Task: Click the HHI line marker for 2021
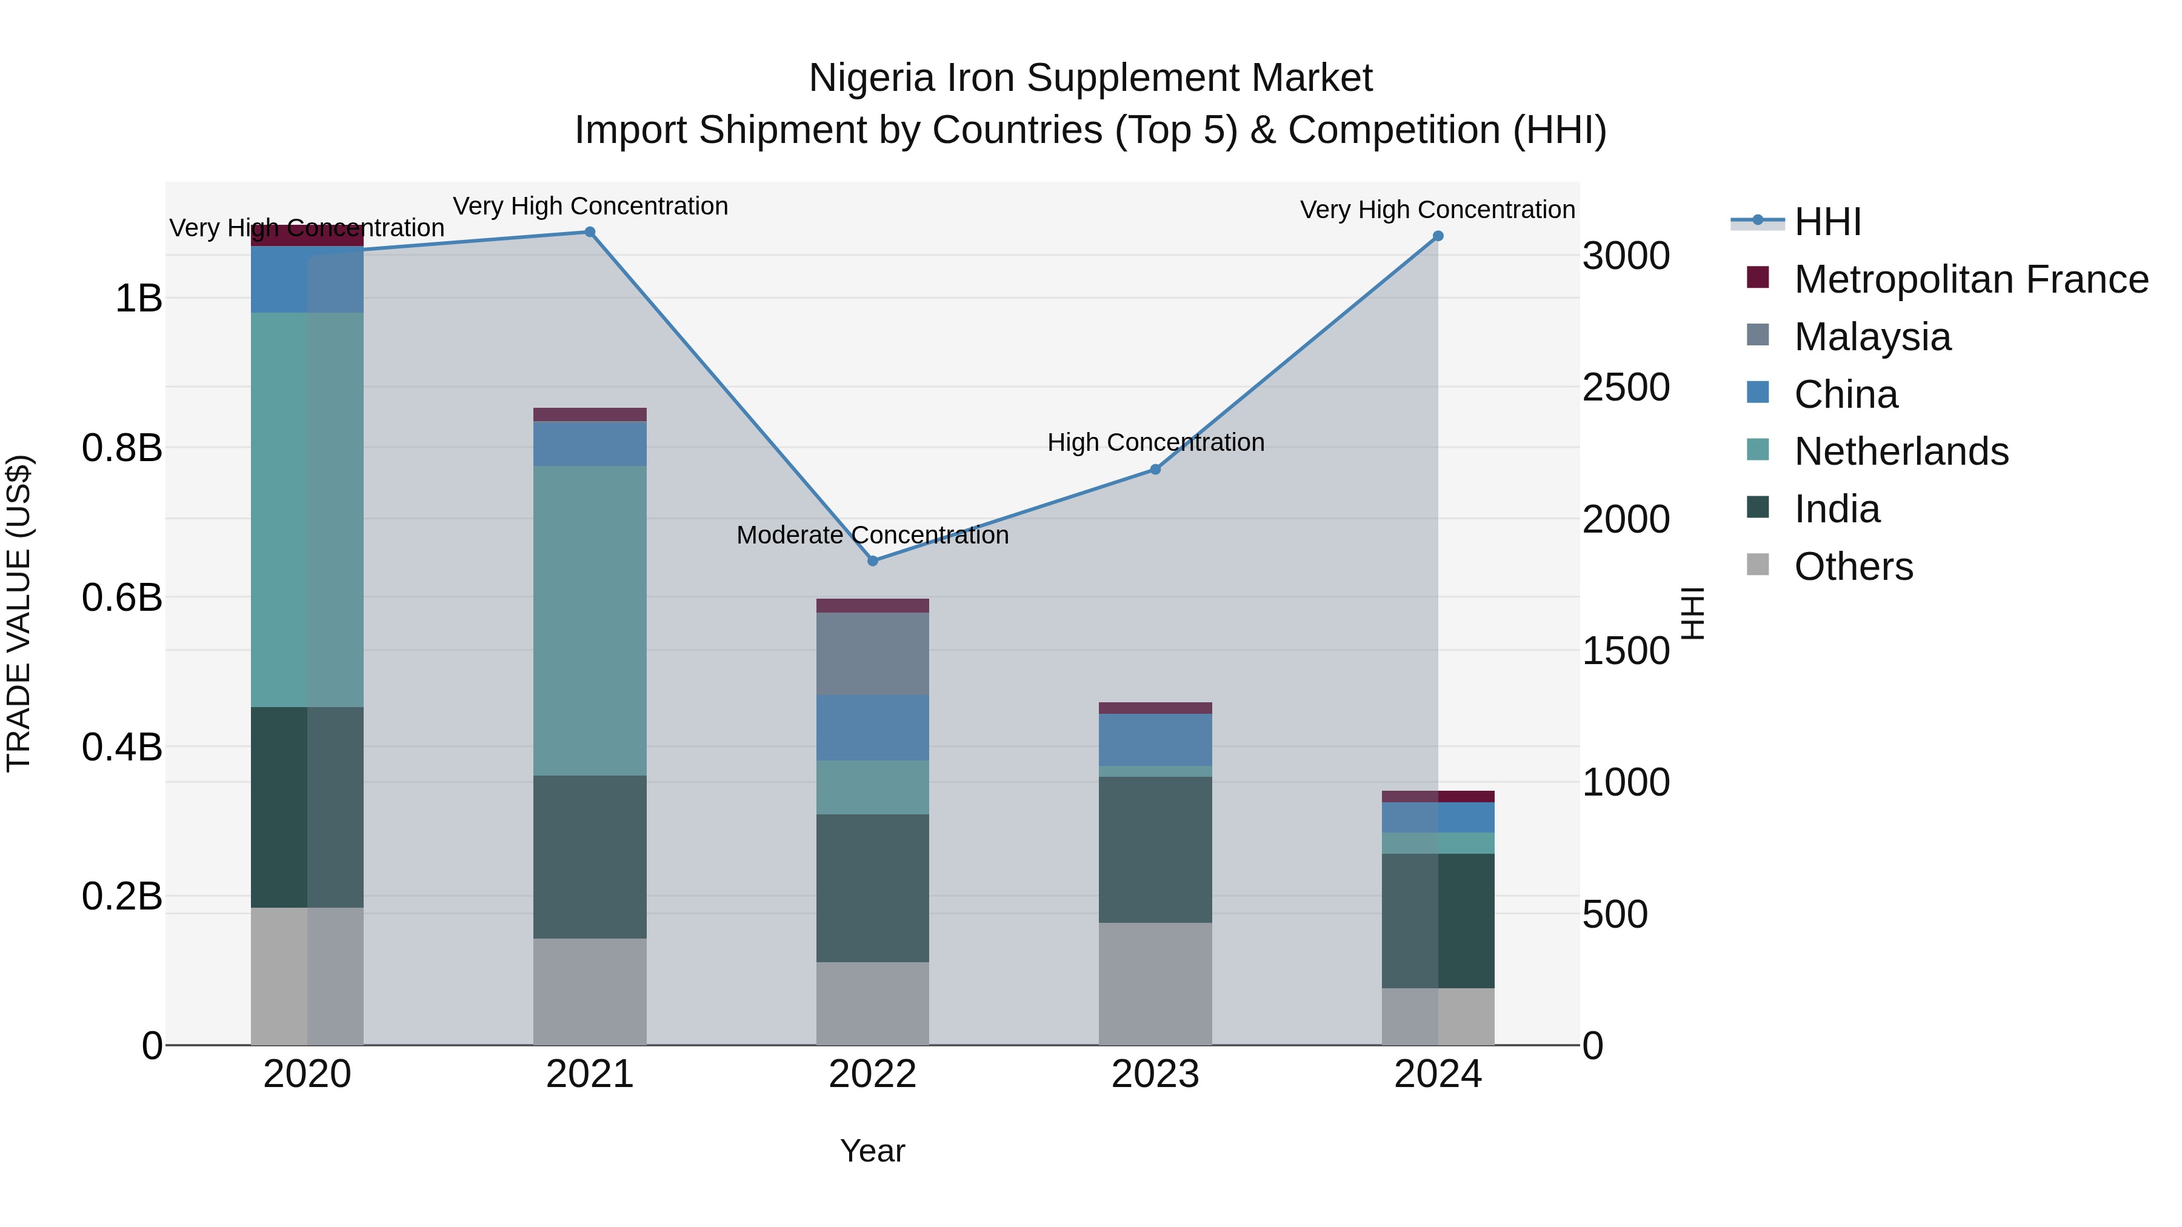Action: click(x=590, y=232)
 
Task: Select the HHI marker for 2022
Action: click(x=872, y=560)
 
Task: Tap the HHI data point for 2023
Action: click(x=1155, y=469)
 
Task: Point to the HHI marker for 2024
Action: click(x=1438, y=236)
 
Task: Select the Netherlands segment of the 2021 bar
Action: click(x=590, y=620)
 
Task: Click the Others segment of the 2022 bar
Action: click(x=872, y=1003)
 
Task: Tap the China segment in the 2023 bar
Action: click(x=1155, y=739)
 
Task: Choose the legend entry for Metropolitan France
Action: click(x=1970, y=279)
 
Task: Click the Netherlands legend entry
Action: click(x=1901, y=451)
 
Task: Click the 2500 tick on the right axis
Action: click(x=1626, y=388)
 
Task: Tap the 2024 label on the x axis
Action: click(x=1438, y=1074)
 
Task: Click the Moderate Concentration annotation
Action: click(x=872, y=535)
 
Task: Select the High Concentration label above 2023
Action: click(x=1155, y=442)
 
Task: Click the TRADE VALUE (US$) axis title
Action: click(x=19, y=613)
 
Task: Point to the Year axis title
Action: click(x=872, y=1151)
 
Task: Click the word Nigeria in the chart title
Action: click(x=871, y=78)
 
